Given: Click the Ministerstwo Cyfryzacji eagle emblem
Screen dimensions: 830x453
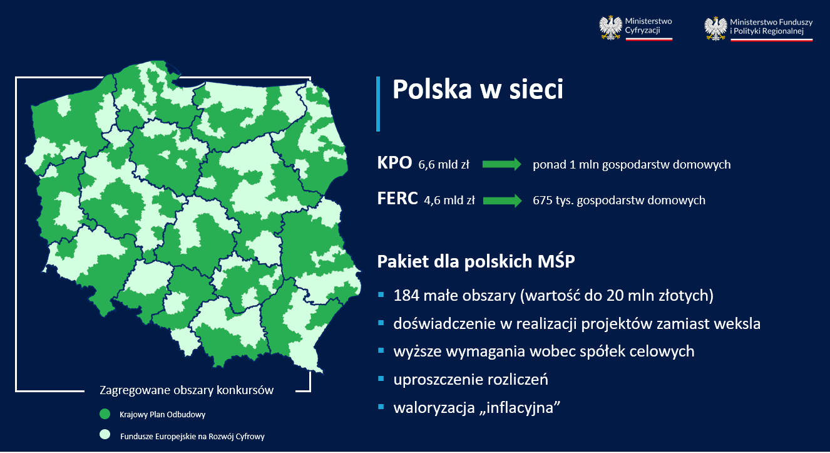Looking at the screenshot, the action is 611,28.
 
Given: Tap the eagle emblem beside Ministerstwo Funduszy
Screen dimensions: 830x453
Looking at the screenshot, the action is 716,29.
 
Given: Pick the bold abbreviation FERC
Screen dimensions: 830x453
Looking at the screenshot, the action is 397,199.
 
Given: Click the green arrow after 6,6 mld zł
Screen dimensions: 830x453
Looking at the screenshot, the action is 502,164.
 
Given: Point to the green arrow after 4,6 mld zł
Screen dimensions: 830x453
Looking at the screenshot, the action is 503,200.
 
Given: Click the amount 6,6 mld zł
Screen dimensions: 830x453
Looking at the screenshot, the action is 444,164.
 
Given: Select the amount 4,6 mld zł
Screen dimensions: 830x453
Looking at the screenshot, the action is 449,200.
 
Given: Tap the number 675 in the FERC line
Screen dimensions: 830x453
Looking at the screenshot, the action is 543,200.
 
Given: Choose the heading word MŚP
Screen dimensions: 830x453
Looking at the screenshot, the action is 556,261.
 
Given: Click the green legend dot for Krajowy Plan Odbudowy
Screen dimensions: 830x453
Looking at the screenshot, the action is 105,414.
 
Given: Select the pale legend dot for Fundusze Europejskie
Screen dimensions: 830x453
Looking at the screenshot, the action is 105,434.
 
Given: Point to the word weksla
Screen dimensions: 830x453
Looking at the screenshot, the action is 737,323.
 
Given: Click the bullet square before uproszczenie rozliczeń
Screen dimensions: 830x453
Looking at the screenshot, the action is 381,378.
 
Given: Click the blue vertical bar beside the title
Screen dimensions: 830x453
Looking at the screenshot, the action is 378,104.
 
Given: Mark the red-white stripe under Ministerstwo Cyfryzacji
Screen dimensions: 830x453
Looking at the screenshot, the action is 649,39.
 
